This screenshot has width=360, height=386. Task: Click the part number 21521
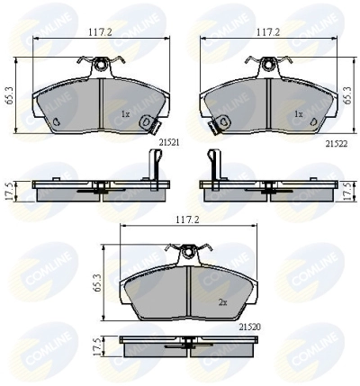169,143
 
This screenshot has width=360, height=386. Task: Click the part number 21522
337,144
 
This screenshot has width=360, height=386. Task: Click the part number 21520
250,328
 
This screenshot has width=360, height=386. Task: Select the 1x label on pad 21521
125,114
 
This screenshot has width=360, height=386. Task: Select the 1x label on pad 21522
299,114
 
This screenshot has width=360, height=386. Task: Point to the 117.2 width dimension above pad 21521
101,32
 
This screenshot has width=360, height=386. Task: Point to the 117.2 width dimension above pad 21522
268,32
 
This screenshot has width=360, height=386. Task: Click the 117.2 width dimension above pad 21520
188,220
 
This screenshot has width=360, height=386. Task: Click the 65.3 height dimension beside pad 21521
8,95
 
